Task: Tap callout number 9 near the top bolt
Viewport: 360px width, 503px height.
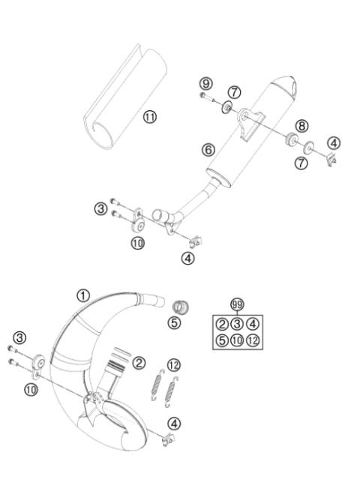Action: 205,82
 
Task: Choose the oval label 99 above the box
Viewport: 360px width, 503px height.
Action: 237,304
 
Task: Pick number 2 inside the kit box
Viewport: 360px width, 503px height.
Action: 222,324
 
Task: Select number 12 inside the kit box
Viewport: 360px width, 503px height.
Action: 253,341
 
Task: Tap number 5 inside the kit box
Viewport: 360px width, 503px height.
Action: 222,341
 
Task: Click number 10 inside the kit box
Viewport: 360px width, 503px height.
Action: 237,341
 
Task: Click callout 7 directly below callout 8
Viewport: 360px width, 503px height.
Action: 301,163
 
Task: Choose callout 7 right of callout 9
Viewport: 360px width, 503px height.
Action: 234,91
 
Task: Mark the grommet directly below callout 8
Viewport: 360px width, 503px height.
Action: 289,138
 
